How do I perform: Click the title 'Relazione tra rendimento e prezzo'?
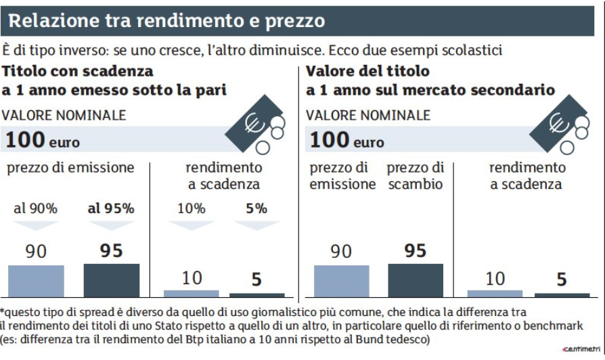click(x=166, y=21)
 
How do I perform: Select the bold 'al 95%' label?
click(x=110, y=208)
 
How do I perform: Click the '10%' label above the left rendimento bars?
click(x=191, y=208)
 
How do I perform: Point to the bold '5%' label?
click(x=256, y=208)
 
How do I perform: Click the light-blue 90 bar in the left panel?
click(x=36, y=281)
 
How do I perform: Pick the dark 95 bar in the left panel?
click(x=111, y=280)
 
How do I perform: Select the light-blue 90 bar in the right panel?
click(x=341, y=281)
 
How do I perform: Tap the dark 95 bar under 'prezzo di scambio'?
click(x=416, y=280)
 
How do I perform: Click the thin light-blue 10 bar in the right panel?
click(x=495, y=294)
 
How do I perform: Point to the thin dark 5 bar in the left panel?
click(x=257, y=295)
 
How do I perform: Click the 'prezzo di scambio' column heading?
click(x=416, y=175)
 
